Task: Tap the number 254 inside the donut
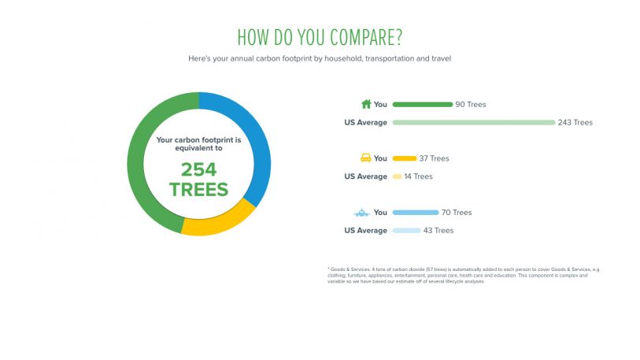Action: coord(198,169)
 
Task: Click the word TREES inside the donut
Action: coord(198,189)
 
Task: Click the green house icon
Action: coord(365,104)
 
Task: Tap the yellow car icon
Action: coord(365,158)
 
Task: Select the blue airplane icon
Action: coord(363,213)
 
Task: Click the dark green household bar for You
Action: coord(422,104)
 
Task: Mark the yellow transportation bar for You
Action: coord(405,158)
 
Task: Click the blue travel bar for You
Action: coord(415,213)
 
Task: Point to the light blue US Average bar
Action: coord(406,231)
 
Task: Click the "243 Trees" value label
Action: coord(575,122)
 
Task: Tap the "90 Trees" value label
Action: coord(471,104)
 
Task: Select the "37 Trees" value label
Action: coord(435,158)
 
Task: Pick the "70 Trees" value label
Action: coord(457,213)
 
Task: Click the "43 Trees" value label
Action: coord(438,231)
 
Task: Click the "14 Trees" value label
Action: coord(418,176)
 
